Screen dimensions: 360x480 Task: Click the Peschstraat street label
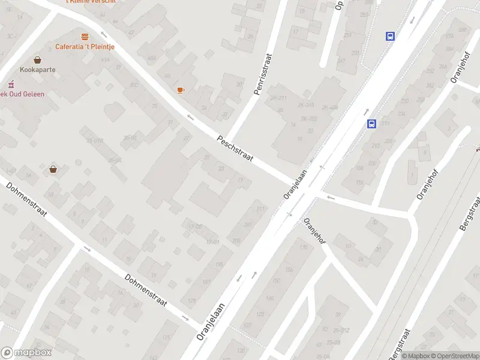[235, 150]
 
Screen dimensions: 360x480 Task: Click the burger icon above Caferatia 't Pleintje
[85, 37]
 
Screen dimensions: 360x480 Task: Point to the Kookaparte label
[37, 70]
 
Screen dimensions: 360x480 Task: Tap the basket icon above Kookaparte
[38, 59]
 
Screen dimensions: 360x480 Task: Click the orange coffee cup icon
[180, 90]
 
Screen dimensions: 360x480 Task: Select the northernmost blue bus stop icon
[391, 36]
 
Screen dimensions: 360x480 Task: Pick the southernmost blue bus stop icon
[371, 124]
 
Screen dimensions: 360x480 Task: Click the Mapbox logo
[25, 353]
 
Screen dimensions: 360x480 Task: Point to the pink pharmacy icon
[10, 84]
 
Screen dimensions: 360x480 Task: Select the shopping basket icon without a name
[53, 169]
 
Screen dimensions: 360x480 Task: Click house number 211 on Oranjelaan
[260, 209]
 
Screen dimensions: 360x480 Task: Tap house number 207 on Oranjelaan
[248, 225]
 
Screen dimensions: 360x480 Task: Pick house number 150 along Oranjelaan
[276, 280]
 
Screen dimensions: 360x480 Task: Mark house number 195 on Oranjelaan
[219, 265]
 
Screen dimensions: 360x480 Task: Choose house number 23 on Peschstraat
[221, 169]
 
